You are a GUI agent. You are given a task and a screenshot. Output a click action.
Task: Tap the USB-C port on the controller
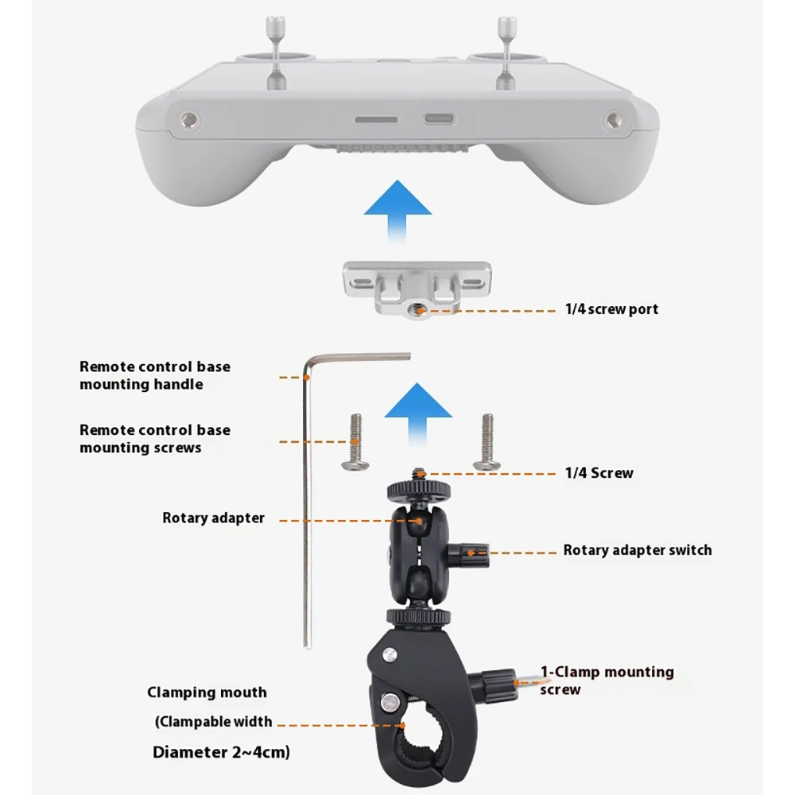[439, 119]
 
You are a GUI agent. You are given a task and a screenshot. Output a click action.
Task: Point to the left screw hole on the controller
[190, 120]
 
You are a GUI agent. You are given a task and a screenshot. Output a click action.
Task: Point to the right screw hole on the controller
[613, 120]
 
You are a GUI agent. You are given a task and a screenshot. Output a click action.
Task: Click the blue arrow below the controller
[397, 211]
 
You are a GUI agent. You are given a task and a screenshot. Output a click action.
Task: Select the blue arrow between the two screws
[418, 413]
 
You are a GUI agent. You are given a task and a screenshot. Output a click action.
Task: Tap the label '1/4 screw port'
[611, 309]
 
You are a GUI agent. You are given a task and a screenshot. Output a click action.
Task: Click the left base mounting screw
[355, 442]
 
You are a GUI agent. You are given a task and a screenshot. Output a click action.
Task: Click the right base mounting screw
[487, 442]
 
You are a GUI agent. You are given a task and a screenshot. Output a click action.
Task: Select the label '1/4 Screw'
[599, 473]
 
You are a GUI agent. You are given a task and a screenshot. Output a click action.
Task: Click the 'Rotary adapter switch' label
[638, 550]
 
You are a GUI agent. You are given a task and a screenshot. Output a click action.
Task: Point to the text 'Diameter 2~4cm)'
[221, 752]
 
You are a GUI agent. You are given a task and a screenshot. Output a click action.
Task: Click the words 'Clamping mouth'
[207, 692]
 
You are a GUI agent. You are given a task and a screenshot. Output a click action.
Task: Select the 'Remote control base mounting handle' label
[155, 375]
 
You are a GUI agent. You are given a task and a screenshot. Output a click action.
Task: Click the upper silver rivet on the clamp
[390, 655]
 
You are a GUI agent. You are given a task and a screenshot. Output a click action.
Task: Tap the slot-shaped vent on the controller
[376, 120]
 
